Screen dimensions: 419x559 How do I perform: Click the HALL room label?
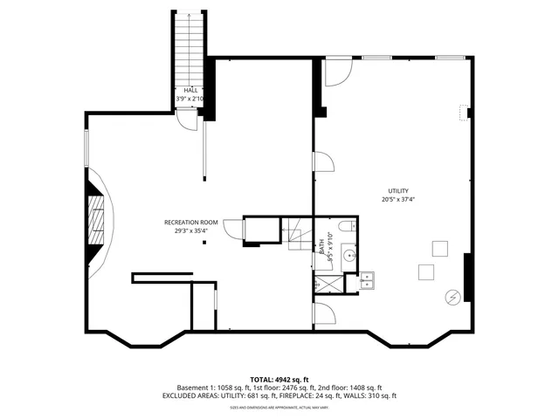(190, 90)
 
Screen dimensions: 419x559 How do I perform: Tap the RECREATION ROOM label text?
(190, 223)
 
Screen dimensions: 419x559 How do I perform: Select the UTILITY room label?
(398, 191)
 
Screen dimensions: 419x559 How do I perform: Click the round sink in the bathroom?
(348, 256)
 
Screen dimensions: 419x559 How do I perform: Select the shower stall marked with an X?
(328, 283)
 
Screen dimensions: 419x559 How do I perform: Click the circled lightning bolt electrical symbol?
(452, 297)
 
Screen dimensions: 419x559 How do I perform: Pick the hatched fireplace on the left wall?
(96, 223)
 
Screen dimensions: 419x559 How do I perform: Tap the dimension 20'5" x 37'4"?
(398, 200)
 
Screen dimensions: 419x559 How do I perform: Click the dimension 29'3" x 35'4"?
(190, 231)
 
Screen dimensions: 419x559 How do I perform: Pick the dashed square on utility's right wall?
(463, 112)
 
